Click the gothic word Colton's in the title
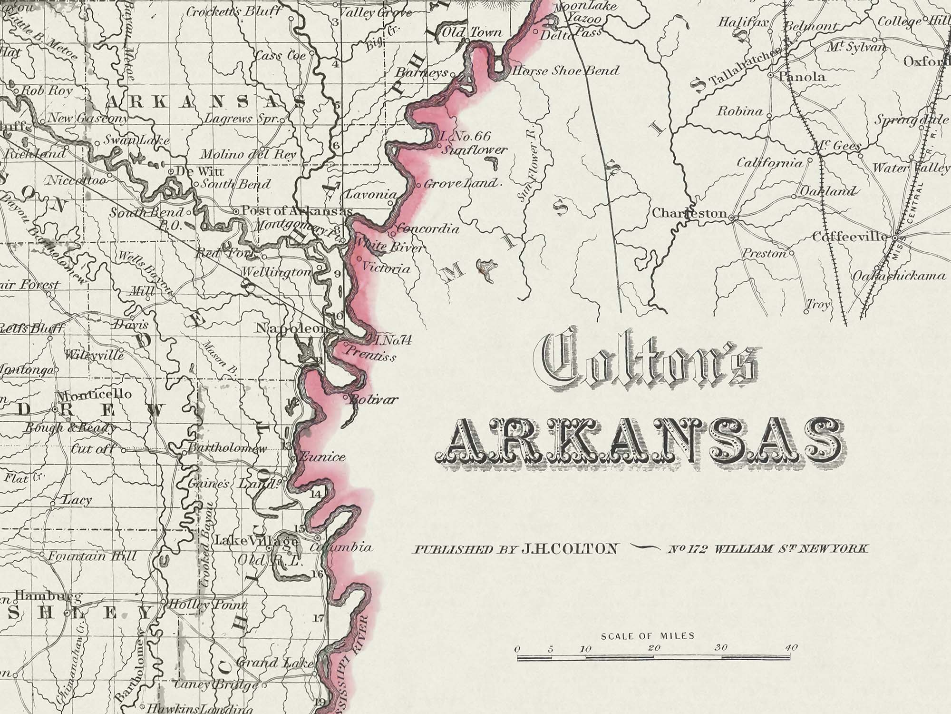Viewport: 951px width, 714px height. coord(649,362)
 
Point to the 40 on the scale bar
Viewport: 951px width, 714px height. coord(791,647)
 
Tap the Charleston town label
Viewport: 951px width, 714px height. coord(689,213)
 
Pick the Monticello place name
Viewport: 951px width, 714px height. coord(94,395)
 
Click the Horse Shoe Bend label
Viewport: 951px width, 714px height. coord(565,71)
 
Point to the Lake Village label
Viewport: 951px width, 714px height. coord(257,541)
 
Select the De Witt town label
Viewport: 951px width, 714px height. coord(200,171)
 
